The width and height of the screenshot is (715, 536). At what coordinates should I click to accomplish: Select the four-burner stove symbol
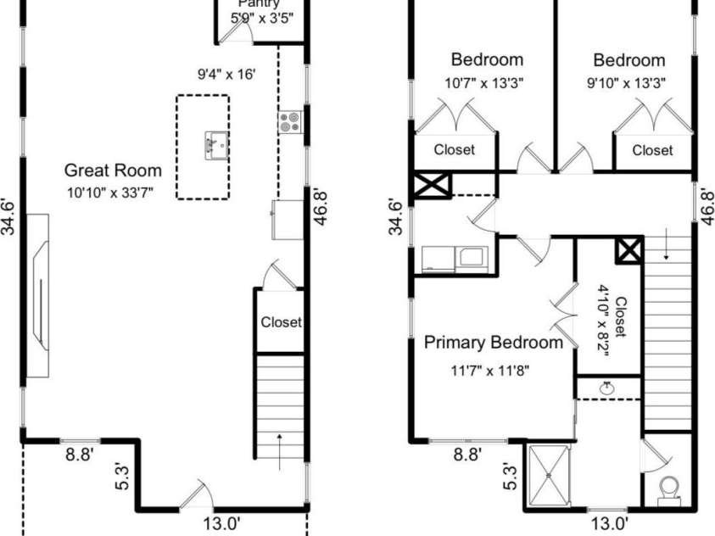point(288,122)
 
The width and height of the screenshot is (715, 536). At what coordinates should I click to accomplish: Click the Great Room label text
point(113,170)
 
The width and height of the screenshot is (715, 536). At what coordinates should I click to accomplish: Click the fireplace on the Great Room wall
point(38,294)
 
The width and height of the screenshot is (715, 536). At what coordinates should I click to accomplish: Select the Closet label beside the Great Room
point(281,322)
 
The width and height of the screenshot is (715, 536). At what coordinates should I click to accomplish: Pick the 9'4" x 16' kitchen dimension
point(226,74)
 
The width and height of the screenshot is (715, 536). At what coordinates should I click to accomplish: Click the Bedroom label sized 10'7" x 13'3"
point(487,60)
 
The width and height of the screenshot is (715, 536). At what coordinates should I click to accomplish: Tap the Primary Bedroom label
point(493,343)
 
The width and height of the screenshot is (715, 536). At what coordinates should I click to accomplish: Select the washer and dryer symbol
point(454,258)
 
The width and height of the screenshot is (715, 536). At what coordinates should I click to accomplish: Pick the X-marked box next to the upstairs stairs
point(629,250)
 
